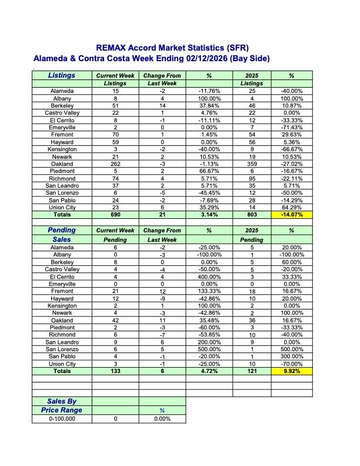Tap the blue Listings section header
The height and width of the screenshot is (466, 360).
click(62, 75)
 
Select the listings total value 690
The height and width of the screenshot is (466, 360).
click(115, 215)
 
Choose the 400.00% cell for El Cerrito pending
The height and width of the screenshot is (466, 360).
click(209, 277)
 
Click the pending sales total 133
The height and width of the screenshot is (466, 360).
click(115, 371)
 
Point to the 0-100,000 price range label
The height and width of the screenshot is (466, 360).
click(62, 419)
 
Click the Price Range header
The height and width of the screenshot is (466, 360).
click(62, 410)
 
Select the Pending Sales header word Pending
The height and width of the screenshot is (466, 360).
click(62, 231)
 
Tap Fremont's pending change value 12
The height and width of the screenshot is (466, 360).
click(162, 291)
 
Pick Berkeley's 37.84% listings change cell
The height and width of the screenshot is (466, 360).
click(209, 105)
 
